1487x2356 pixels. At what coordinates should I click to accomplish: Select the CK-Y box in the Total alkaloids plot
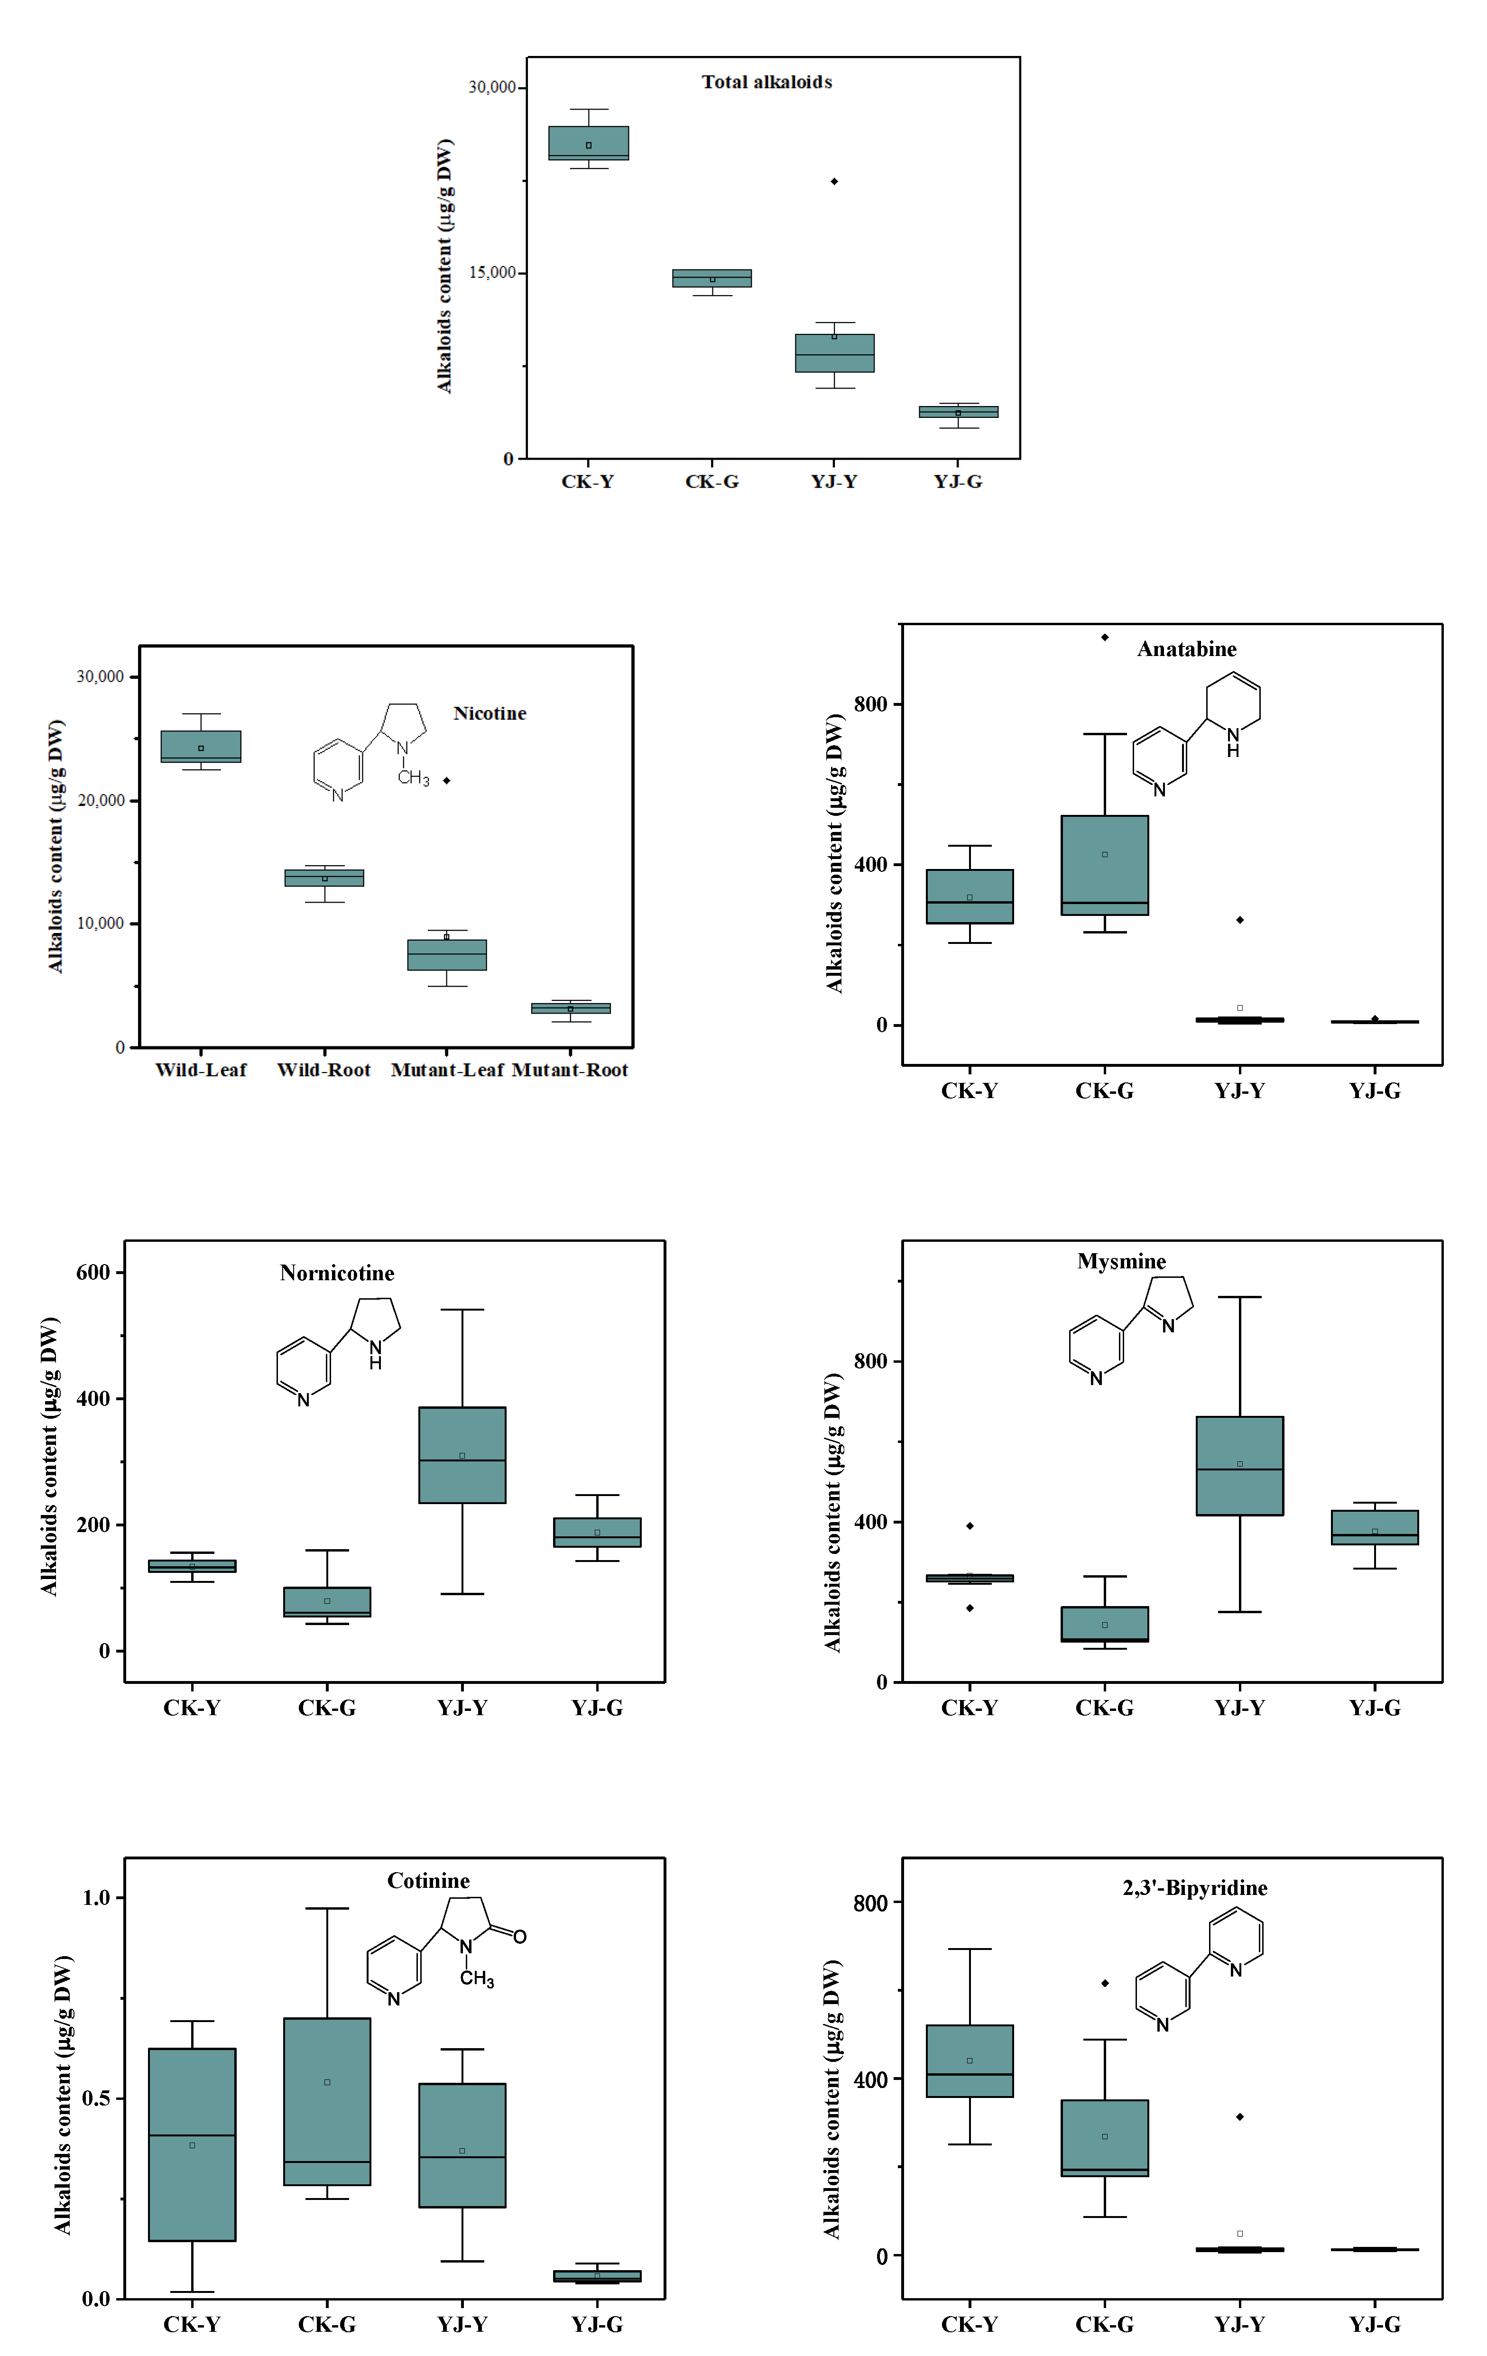(588, 143)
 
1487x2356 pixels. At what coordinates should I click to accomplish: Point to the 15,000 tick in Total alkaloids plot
(492, 273)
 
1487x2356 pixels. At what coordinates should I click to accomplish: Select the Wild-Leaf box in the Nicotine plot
(201, 747)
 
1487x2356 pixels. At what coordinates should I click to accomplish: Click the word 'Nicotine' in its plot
(489, 713)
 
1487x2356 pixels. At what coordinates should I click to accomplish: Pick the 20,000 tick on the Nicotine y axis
(101, 800)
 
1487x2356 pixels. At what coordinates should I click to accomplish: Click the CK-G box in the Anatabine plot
(1105, 865)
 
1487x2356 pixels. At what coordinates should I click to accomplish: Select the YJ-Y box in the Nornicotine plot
(462, 1455)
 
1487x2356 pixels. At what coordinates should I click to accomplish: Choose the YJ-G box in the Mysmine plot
(1375, 1527)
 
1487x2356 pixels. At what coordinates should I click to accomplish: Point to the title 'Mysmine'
(1121, 1261)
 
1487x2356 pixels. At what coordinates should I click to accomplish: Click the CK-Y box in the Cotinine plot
(192, 2143)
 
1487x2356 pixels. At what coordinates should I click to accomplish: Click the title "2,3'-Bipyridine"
(1194, 1888)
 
